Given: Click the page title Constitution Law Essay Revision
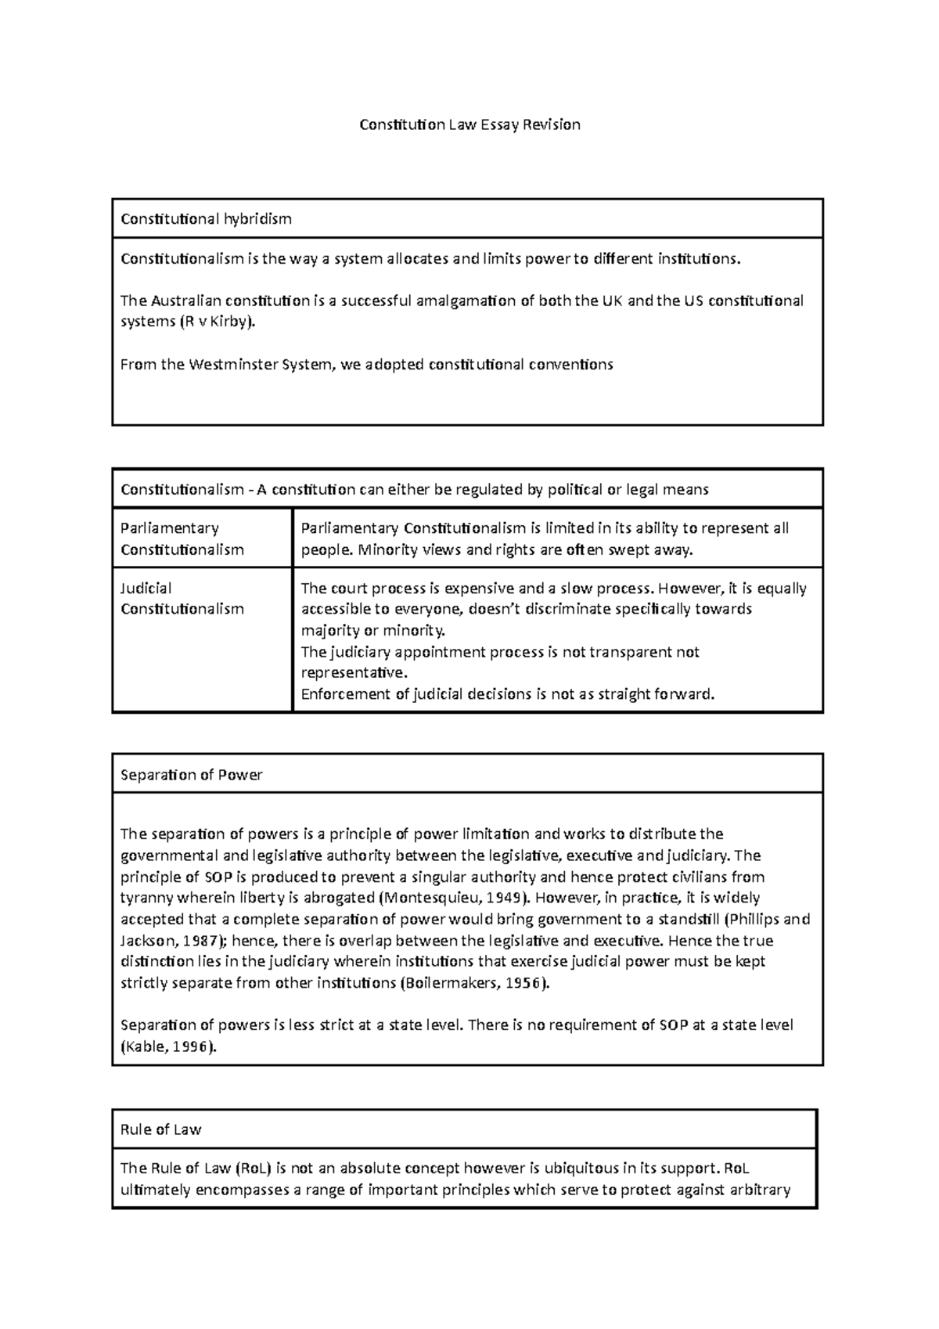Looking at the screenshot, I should [x=469, y=124].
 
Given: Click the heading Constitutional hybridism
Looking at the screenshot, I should [x=206, y=219].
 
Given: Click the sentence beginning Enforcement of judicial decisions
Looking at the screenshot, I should [x=508, y=693].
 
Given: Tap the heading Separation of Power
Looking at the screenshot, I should [x=192, y=775].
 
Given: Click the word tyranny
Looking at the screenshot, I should [x=149, y=898].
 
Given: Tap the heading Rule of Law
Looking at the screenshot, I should [x=161, y=1129].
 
